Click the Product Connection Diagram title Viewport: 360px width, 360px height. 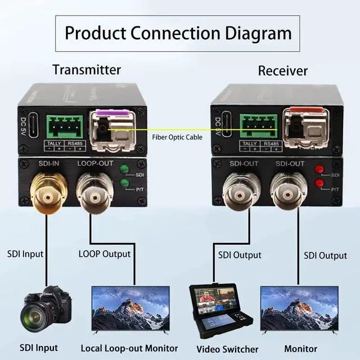tap(178, 32)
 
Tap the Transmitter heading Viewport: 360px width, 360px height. tap(87, 70)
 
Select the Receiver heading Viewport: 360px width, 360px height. tap(283, 71)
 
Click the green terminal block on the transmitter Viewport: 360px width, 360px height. tap(62, 127)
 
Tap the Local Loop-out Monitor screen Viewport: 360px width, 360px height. tap(130, 308)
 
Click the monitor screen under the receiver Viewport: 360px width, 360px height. tap(299, 308)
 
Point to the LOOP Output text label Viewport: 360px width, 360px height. tap(105, 254)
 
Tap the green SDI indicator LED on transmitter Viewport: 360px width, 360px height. tap(124, 169)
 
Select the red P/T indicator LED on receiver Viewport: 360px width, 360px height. tap(318, 183)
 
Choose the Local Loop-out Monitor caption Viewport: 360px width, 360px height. tap(129, 348)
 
